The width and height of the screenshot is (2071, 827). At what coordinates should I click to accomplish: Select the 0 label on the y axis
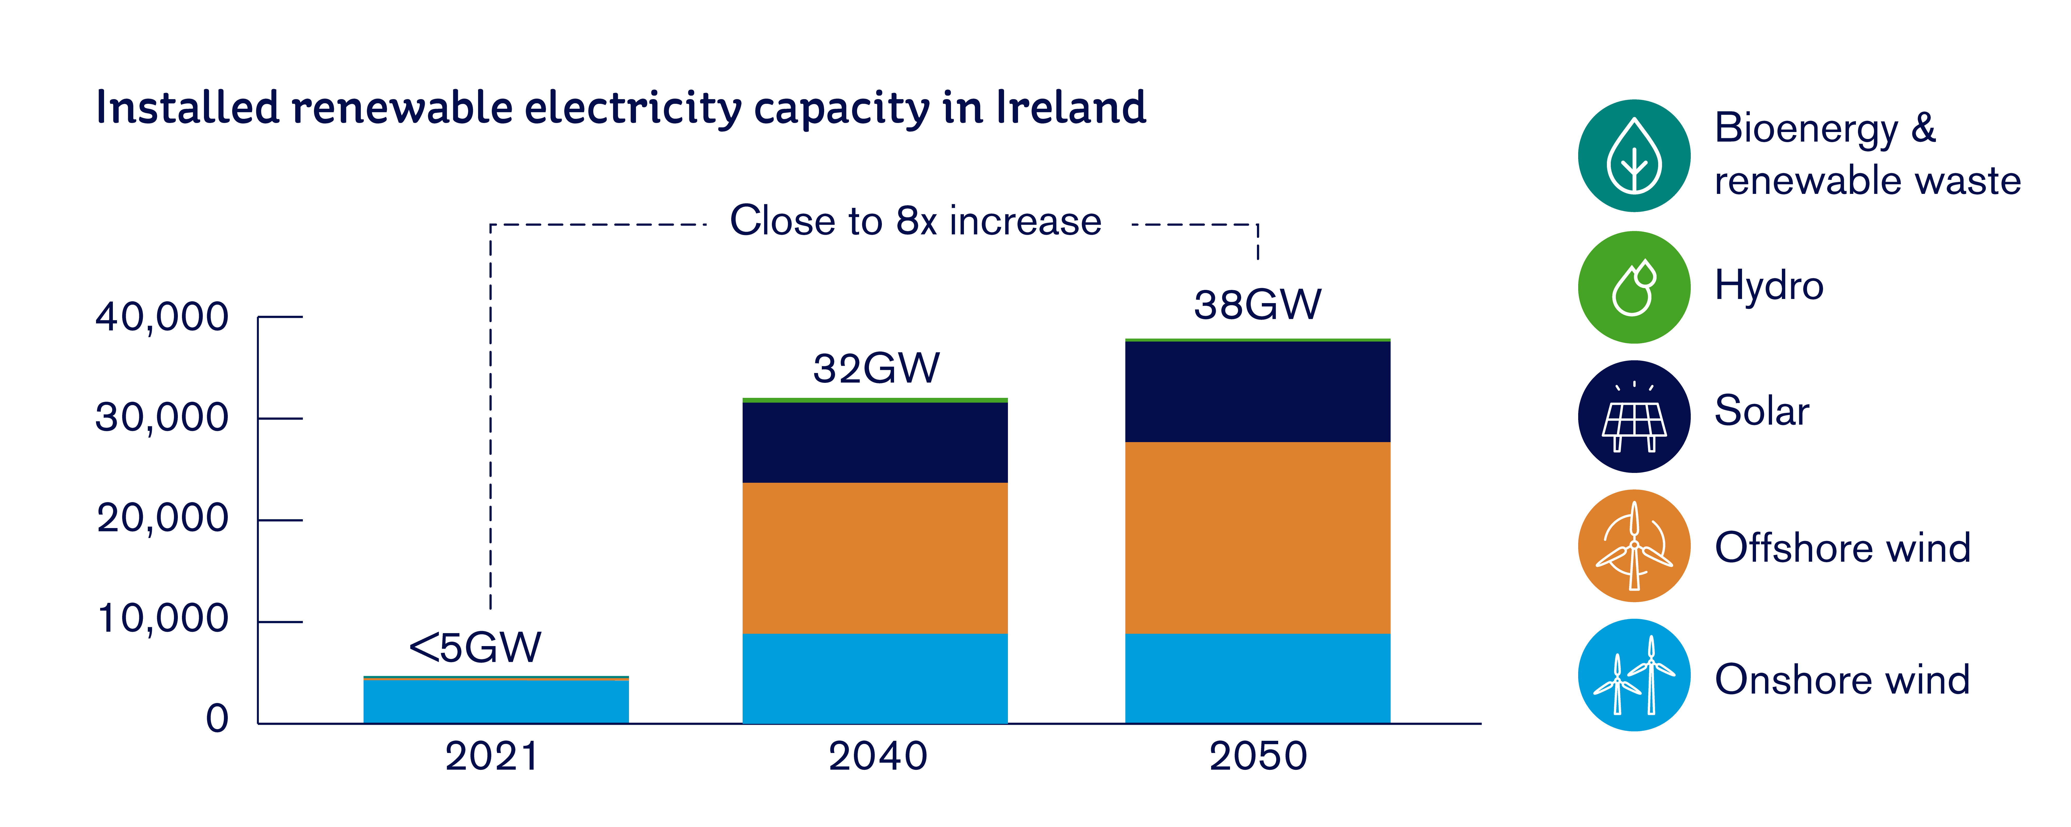click(217, 718)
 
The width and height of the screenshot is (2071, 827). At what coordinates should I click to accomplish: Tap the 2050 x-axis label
click(1258, 756)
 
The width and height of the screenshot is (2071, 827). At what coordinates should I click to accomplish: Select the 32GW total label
click(875, 369)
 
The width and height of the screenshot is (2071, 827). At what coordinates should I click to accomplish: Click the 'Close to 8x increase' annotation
click(915, 221)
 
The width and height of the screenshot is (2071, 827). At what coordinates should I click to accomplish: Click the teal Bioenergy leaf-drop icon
click(1634, 156)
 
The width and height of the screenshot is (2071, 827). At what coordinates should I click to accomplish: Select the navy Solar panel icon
click(1634, 416)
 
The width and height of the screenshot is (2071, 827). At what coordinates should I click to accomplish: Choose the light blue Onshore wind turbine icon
click(1634, 675)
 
